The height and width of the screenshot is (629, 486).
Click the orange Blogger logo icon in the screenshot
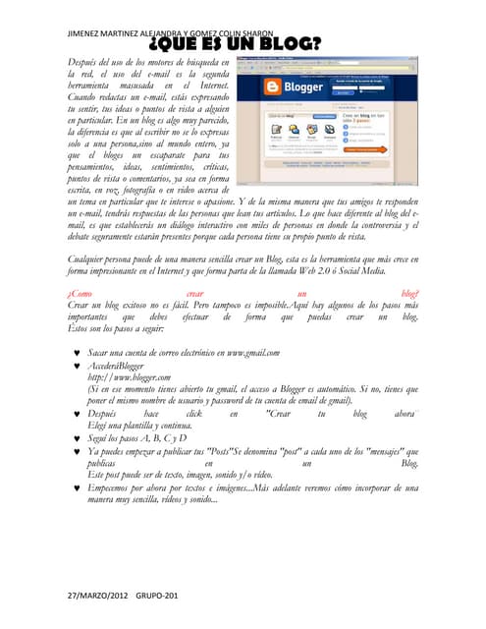[x=272, y=89]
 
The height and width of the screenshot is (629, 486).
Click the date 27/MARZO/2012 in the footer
[x=94, y=597]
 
